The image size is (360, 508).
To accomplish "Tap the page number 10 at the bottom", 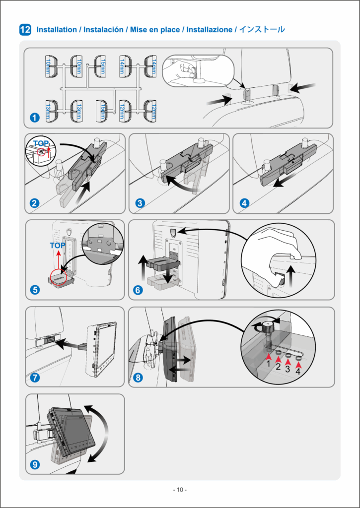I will tap(180, 490).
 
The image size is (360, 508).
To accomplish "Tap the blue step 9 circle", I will tap(35, 464).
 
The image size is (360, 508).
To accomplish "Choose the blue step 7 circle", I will tap(35, 377).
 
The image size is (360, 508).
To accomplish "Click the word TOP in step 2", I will tap(41, 143).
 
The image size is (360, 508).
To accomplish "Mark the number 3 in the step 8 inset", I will tap(288, 369).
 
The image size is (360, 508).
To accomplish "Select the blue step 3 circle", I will tap(140, 203).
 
